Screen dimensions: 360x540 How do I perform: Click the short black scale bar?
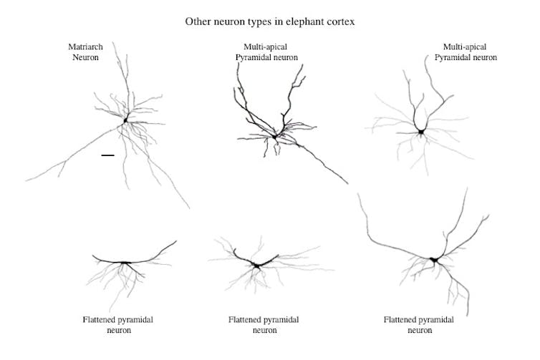click(x=107, y=155)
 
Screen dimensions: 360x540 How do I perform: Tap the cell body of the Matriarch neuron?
click(x=125, y=120)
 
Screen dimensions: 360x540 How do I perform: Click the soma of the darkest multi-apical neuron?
click(x=274, y=136)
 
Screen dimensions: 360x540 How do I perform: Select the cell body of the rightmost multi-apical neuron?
click(x=421, y=132)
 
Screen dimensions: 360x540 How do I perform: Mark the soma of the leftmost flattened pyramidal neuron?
click(x=125, y=263)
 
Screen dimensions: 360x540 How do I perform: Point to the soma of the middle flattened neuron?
click(x=256, y=266)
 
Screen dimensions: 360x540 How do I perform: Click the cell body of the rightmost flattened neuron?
click(x=433, y=260)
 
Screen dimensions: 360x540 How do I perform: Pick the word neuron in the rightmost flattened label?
click(x=418, y=330)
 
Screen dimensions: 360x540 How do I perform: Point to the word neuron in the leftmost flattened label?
click(x=117, y=330)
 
